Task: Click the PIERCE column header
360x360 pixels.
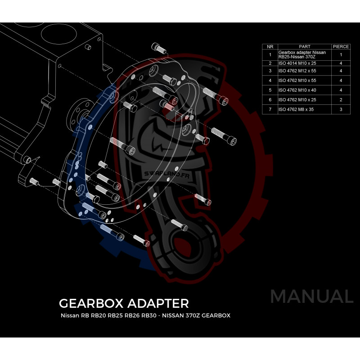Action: (341, 46)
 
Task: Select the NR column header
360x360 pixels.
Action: (270, 46)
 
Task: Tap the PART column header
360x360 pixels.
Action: (305, 46)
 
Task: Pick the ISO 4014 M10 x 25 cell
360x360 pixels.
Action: (297, 63)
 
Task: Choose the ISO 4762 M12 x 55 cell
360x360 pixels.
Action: (297, 71)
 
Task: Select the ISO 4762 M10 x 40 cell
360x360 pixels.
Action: (297, 90)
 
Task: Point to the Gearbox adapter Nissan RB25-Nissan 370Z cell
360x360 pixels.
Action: (302, 55)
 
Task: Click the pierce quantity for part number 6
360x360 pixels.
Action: (341, 99)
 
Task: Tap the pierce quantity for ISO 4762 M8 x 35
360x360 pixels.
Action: (341, 109)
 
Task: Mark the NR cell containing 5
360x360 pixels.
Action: (270, 90)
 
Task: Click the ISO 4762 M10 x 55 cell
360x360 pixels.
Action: (297, 81)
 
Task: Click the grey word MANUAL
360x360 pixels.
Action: (311, 297)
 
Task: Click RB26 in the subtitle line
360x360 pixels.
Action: (131, 315)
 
